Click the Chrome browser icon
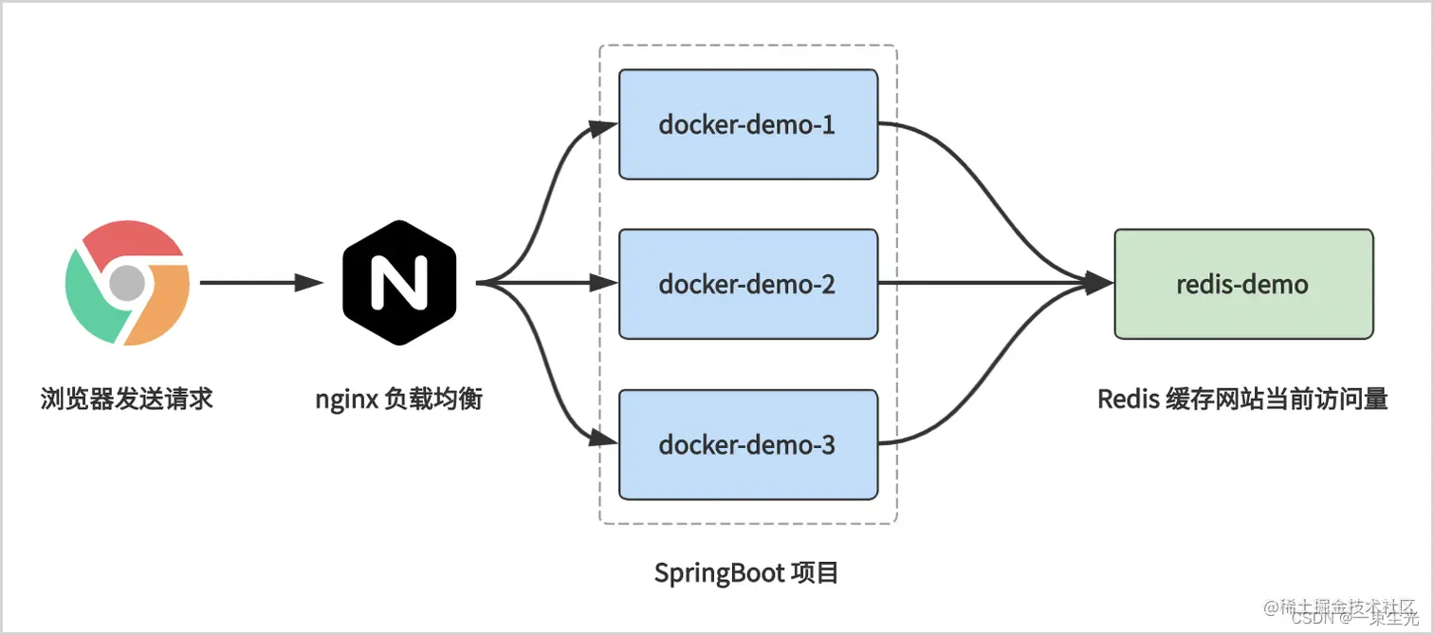127,283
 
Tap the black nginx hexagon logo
399,283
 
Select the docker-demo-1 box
747,124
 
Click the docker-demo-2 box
747,284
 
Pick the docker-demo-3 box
747,444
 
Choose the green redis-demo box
1242,284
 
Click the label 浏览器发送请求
127,399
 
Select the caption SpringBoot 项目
746,573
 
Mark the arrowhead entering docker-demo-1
603,128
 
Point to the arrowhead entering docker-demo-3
603,439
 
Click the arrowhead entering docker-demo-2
603,283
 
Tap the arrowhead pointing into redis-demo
1100,283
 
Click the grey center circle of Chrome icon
126,283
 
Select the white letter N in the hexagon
399,283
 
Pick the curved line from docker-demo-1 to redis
986,190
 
